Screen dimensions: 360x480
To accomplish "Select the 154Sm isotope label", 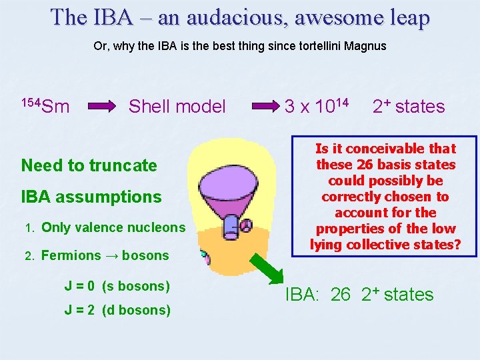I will point(45,105).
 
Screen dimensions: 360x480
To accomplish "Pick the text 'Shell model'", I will point(177,106).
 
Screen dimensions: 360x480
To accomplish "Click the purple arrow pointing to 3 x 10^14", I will point(264,106).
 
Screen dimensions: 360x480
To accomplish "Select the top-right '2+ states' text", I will point(408,106).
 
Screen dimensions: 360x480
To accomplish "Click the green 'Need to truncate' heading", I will point(89,165).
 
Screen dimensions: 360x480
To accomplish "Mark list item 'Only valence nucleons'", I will point(113,227).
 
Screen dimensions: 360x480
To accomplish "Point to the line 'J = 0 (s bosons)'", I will point(117,286).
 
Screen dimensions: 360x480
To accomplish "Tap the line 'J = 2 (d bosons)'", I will point(117,310).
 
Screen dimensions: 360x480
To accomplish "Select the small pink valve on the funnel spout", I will point(245,224).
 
